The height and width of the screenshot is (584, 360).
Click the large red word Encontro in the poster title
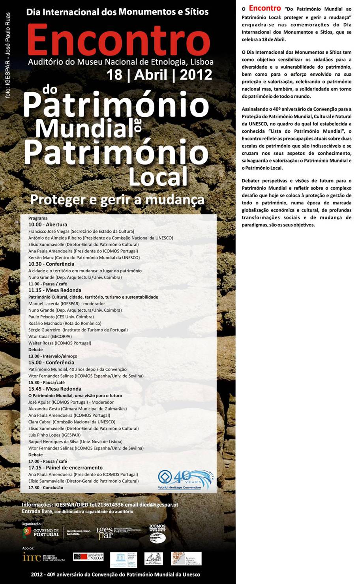[x=118, y=41]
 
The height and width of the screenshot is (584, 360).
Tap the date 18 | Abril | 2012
[x=159, y=75]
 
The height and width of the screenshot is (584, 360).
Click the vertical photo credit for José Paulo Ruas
[x=8, y=55]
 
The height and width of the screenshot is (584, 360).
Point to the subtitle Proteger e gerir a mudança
[x=117, y=199]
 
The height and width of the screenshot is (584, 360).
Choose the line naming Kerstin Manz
[x=84, y=258]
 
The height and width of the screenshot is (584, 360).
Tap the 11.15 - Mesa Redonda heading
[x=54, y=290]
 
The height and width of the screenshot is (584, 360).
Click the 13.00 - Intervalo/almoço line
[x=52, y=356]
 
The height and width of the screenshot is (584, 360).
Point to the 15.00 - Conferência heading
[x=51, y=362]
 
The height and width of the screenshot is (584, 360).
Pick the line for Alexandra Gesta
[x=77, y=408]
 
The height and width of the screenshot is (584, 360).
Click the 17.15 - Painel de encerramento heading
[x=65, y=468]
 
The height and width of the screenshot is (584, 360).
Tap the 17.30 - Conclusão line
[x=45, y=487]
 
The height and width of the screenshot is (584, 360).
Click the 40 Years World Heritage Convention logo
[x=184, y=479]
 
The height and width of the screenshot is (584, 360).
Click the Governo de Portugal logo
[x=41, y=533]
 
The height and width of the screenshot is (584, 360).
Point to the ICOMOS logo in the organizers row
[x=157, y=533]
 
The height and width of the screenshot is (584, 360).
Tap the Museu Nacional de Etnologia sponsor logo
[x=88, y=557]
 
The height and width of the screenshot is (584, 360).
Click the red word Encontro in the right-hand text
[x=264, y=8]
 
